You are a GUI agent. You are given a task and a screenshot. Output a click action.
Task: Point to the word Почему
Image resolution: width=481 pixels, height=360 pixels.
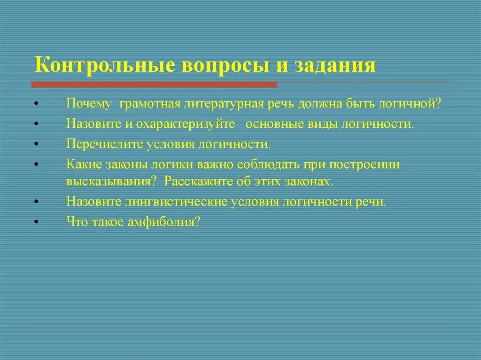click(x=88, y=104)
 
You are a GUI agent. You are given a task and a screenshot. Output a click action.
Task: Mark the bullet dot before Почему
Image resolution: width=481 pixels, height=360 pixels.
click(x=36, y=104)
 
